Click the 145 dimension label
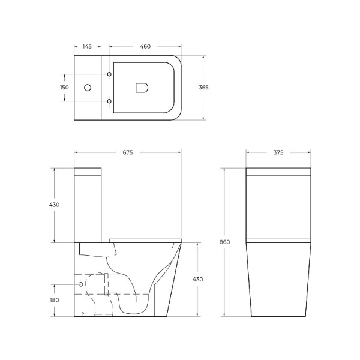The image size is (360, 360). (x=87, y=46)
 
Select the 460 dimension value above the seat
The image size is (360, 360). (x=145, y=46)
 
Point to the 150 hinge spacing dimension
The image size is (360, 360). (x=64, y=88)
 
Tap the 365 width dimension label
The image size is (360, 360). (x=203, y=88)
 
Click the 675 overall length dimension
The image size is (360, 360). (x=127, y=152)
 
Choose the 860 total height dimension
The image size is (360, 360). (x=224, y=242)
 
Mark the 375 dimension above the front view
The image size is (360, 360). (x=278, y=152)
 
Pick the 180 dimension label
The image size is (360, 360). (x=55, y=300)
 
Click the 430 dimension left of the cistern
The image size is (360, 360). (x=55, y=205)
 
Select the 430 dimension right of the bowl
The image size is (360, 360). (x=197, y=280)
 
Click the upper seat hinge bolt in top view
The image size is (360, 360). (x=109, y=74)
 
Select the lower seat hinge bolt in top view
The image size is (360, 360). (x=109, y=101)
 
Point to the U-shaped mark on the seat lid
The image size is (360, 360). (x=142, y=88)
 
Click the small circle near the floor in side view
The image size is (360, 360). (x=82, y=313)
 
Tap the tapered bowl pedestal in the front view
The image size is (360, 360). (x=278, y=282)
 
